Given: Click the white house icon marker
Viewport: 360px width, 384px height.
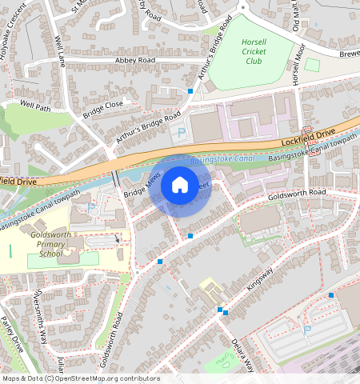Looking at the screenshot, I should pyautogui.click(x=180, y=186).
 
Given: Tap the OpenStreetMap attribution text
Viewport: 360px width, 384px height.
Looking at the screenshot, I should pyautogui.click(x=81, y=378).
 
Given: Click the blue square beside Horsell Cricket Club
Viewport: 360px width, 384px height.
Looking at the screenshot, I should pyautogui.click(x=190, y=92).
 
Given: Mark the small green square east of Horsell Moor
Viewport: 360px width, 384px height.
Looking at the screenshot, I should pyautogui.click(x=313, y=64).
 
